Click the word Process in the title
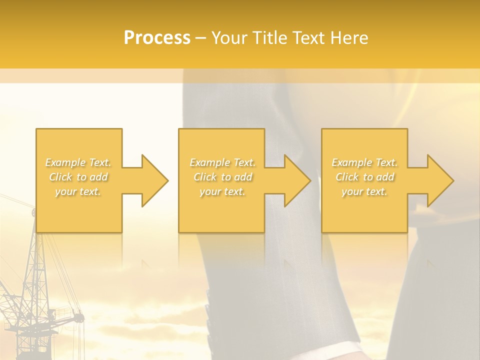pyautogui.click(x=157, y=38)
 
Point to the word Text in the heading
pyautogui.click(x=309, y=38)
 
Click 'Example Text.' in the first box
pyautogui.click(x=78, y=162)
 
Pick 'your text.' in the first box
pyautogui.click(x=78, y=191)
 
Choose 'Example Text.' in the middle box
pyautogui.click(x=222, y=162)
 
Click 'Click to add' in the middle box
pyautogui.click(x=222, y=177)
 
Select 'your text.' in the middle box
pyautogui.click(x=222, y=191)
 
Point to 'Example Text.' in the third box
pyautogui.click(x=364, y=162)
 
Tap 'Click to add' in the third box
pyautogui.click(x=364, y=177)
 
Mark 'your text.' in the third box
pyautogui.click(x=364, y=191)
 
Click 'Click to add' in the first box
pyautogui.click(x=78, y=177)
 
